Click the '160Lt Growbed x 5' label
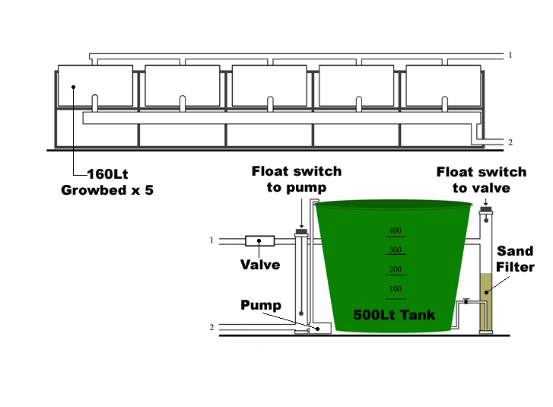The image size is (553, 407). point(107,182)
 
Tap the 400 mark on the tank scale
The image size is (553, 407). point(394,231)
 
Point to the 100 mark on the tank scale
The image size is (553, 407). point(394,290)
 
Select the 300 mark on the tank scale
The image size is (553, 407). point(394,250)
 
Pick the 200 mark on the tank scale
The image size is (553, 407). point(394,270)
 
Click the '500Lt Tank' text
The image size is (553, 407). point(394,314)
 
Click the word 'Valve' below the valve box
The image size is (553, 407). point(259,265)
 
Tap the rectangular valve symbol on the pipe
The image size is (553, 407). point(259,241)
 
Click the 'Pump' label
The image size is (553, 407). point(261,305)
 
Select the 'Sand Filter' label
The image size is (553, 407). point(516,259)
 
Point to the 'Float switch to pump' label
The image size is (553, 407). point(297,179)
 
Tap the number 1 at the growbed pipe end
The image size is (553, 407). point(510,55)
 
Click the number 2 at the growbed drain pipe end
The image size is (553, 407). point(510,142)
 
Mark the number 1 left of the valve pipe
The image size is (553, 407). point(211,240)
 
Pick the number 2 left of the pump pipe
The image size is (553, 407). point(211,327)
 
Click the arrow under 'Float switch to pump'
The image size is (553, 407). point(302,213)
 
